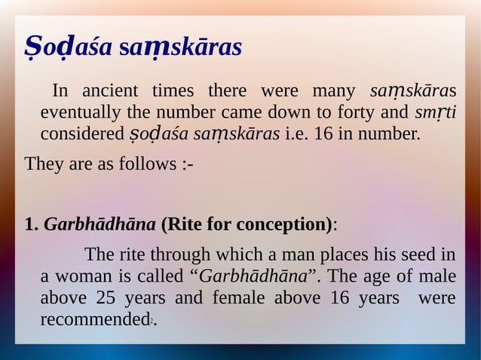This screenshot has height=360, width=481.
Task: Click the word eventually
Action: [78, 114]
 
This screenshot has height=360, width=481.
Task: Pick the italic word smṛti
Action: [437, 114]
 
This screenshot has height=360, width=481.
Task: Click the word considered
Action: [79, 136]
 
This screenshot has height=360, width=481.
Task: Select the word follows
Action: [146, 163]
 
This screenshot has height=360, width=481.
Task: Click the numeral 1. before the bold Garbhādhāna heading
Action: [32, 224]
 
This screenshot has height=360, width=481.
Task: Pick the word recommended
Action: [93, 319]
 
